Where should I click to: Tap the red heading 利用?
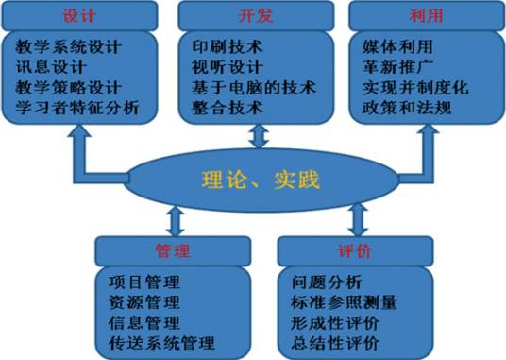click(x=426, y=16)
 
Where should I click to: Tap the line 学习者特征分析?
click(x=77, y=109)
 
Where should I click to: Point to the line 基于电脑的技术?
click(x=252, y=88)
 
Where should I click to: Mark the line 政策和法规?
click(x=400, y=109)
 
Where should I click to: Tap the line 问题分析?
click(x=324, y=282)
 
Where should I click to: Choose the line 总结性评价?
click(x=335, y=342)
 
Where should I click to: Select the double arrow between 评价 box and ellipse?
click(x=358, y=220)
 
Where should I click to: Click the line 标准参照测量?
click(x=344, y=302)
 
